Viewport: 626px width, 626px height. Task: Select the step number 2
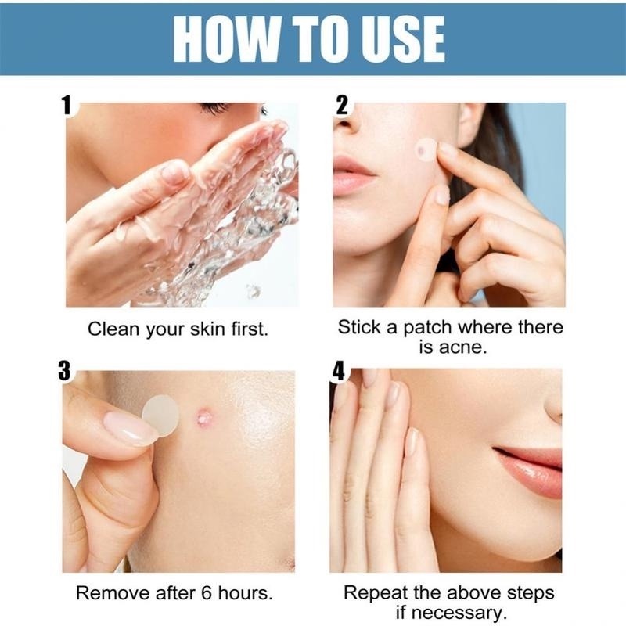[x=341, y=105]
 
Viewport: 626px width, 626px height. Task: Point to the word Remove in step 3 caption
[x=108, y=593]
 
